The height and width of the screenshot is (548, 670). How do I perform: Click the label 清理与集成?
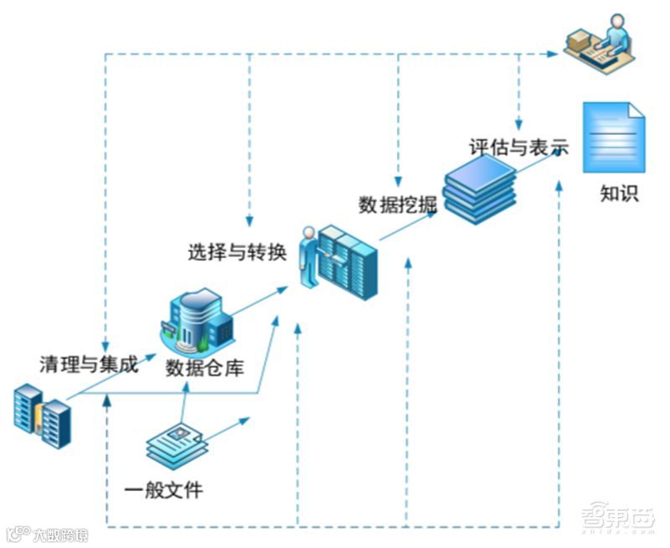[89, 364]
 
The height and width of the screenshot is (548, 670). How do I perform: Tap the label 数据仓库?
[204, 367]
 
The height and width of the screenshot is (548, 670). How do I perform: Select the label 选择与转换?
[237, 251]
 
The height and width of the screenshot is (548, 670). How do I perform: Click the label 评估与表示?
[518, 147]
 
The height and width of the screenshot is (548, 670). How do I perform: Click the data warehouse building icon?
[198, 319]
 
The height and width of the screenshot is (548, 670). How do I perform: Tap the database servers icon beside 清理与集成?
[43, 415]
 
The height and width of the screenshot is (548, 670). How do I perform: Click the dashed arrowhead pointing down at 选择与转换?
[250, 220]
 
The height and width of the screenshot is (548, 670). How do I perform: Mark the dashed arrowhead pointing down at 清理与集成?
[106, 346]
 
